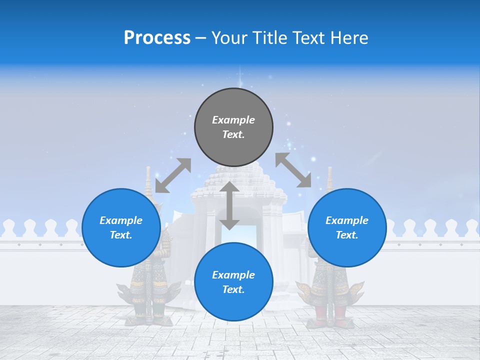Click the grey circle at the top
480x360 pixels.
[x=233, y=127]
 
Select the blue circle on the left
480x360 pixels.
[x=121, y=227]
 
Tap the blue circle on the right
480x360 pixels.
[x=347, y=227]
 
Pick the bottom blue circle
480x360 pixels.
[x=233, y=282]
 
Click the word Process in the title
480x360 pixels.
[x=157, y=37]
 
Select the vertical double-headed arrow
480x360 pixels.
[x=229, y=205]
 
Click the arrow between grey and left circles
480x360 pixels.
[x=173, y=175]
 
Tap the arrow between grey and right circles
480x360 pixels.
[x=293, y=170]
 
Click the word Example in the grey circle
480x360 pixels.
[x=233, y=120]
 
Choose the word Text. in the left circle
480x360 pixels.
[x=121, y=235]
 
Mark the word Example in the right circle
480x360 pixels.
[x=347, y=220]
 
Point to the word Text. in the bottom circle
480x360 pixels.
[x=233, y=289]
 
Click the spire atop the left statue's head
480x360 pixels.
[x=148, y=180]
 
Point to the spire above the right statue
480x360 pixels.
[x=330, y=179]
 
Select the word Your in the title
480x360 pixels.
[x=227, y=37]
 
